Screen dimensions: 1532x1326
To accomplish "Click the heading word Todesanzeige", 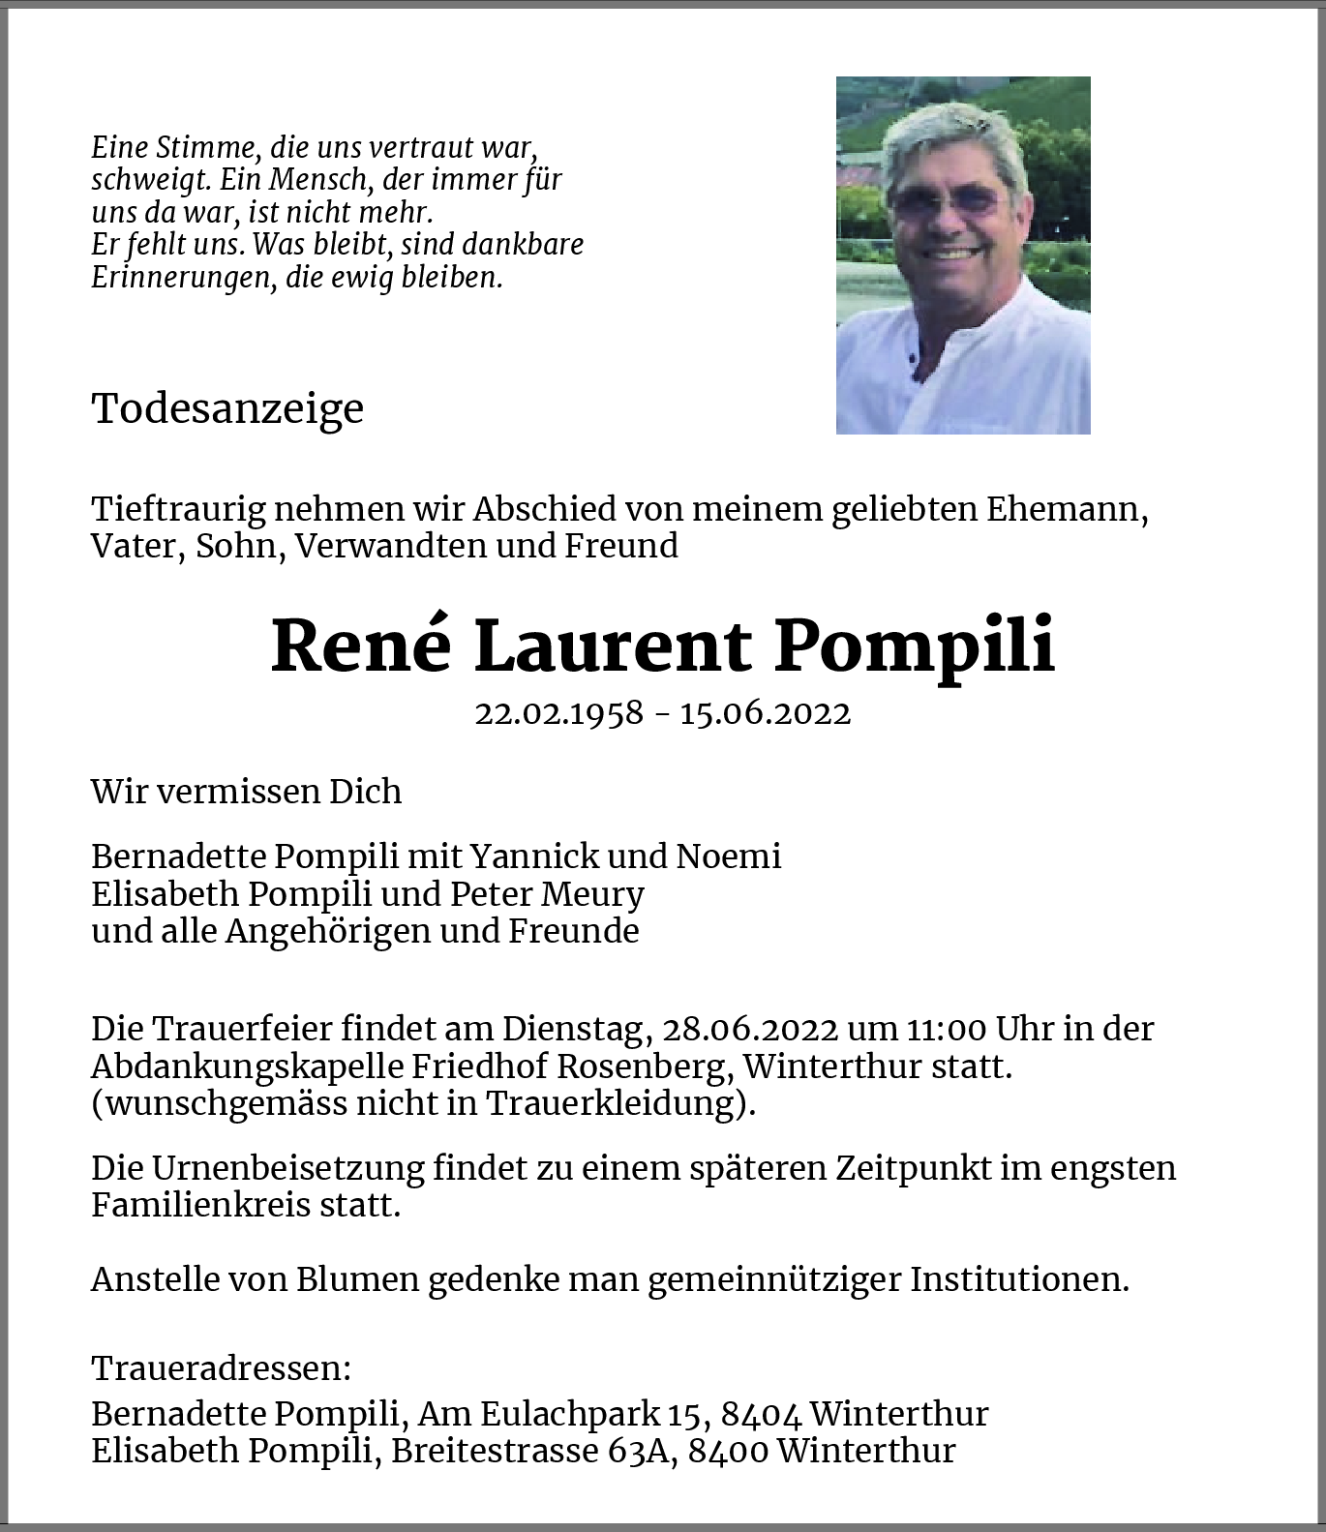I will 227,408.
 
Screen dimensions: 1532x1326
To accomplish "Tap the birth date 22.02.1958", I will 558,713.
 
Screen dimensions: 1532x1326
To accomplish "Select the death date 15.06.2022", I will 765,713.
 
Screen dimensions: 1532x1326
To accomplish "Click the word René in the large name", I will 361,646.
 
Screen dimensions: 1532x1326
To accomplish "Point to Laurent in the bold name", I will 613,646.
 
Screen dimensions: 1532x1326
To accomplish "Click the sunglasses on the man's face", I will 946,200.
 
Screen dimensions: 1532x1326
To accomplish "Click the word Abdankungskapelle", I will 247,1066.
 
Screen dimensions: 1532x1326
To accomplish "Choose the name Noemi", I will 729,856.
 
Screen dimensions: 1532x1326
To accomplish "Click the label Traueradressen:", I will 221,1368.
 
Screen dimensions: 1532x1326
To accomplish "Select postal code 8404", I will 761,1414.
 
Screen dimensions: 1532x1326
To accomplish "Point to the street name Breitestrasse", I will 495,1451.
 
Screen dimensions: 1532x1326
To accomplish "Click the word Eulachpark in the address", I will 569,1414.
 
